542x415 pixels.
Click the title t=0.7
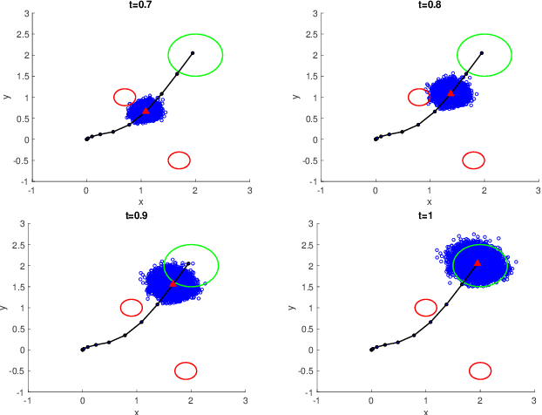click(x=140, y=5)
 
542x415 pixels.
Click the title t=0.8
click(x=430, y=5)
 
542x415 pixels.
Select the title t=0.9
click(x=136, y=216)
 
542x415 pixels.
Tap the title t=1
click(x=425, y=216)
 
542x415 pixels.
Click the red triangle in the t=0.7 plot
click(x=146, y=111)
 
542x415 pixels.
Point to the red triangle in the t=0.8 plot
click(x=451, y=92)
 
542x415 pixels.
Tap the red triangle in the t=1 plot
click(x=478, y=262)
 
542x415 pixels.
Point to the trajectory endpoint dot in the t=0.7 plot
click(x=193, y=53)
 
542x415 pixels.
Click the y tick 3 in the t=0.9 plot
click(x=22, y=224)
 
